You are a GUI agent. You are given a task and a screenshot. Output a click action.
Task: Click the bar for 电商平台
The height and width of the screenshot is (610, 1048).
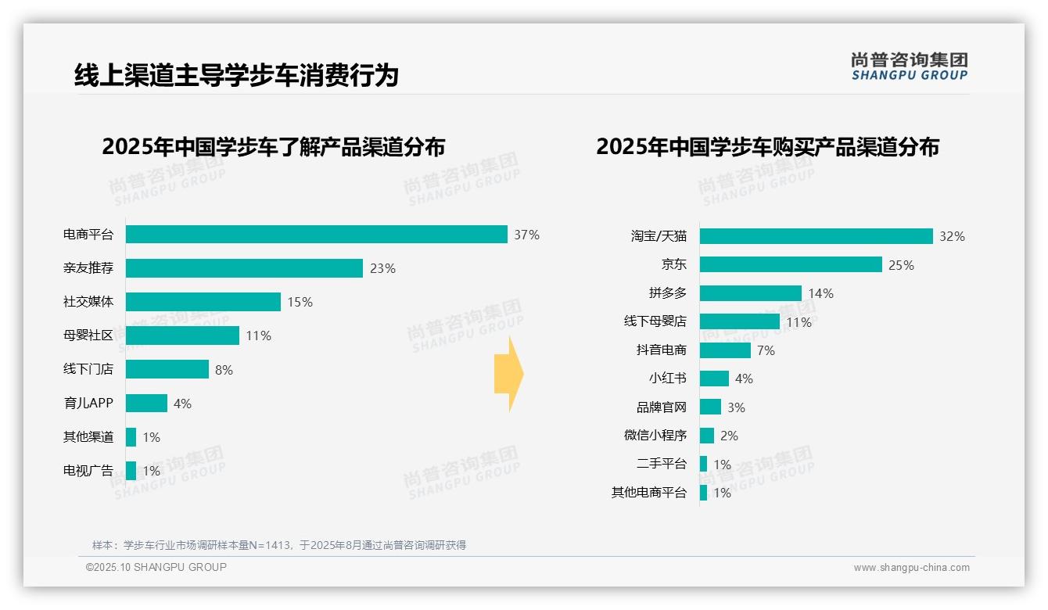pyautogui.click(x=316, y=235)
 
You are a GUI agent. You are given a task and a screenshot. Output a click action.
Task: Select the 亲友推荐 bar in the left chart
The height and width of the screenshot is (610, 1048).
pyautogui.click(x=244, y=268)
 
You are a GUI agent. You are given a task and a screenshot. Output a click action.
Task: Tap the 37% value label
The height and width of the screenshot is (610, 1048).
pyautogui.click(x=526, y=235)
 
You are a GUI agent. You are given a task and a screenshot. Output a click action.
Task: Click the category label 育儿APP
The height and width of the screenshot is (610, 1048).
pyautogui.click(x=88, y=404)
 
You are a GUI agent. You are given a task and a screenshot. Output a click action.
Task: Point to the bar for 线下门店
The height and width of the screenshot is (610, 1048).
pyautogui.click(x=167, y=369)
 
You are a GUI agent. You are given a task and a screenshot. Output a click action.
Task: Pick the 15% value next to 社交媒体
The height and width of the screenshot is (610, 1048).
pyautogui.click(x=300, y=302)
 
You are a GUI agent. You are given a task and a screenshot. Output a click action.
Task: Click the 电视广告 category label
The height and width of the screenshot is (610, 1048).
pyautogui.click(x=88, y=471)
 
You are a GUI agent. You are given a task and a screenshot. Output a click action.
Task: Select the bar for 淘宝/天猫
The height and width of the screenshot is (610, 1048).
pyautogui.click(x=816, y=236)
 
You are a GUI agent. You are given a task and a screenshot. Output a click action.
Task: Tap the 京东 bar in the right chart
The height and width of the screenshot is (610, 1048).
pyautogui.click(x=791, y=264)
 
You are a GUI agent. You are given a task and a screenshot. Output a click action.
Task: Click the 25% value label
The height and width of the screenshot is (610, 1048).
pyautogui.click(x=901, y=265)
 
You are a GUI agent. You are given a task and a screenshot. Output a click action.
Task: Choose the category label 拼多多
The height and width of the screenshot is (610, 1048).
pyautogui.click(x=667, y=293)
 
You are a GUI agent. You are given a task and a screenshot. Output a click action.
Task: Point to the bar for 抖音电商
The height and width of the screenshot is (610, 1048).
pyautogui.click(x=725, y=350)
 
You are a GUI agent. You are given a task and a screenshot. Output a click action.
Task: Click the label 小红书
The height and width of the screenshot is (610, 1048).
pyautogui.click(x=667, y=379)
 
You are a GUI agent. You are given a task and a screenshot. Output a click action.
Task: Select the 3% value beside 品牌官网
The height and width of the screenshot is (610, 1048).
pyautogui.click(x=736, y=407)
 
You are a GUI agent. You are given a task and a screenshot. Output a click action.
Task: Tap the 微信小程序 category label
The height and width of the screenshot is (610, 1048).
pyautogui.click(x=655, y=436)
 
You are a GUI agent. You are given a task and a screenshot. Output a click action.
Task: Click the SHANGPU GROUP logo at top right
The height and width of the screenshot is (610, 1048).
pyautogui.click(x=909, y=66)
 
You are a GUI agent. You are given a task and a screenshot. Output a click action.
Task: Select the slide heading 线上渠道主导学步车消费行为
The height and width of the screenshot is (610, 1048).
pyautogui.click(x=236, y=75)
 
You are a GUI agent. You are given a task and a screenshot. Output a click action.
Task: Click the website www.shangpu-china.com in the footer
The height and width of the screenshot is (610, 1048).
pyautogui.click(x=911, y=568)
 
